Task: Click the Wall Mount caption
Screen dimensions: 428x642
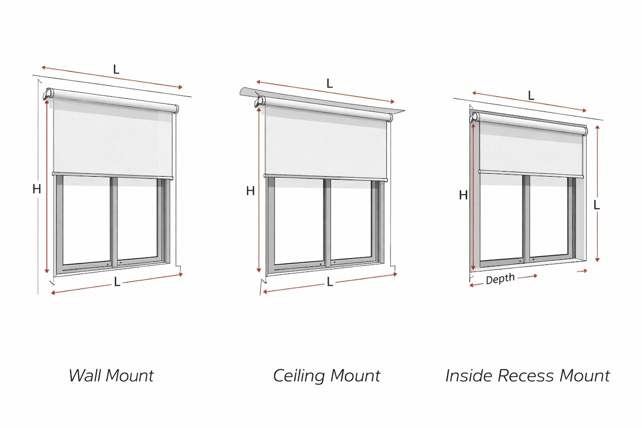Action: pos(111,375)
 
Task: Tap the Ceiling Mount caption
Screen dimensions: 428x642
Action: pos(327,375)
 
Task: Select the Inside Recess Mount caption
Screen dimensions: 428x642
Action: pos(528,375)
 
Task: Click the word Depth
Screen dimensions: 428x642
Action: pos(500,279)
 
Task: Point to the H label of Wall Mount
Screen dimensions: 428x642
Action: pos(37,189)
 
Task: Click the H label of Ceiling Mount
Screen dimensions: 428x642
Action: pos(250,191)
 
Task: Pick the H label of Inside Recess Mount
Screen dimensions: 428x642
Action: pos(463,195)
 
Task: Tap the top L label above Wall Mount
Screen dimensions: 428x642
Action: pos(116,70)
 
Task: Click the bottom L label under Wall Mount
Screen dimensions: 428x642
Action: pos(117,282)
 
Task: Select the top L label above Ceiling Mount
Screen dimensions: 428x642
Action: pos(330,84)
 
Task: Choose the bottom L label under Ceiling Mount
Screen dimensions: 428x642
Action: pos(330,282)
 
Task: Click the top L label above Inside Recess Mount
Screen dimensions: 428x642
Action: pos(531,96)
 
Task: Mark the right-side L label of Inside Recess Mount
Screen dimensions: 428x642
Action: pos(597,205)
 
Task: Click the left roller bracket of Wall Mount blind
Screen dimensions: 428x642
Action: pos(49,94)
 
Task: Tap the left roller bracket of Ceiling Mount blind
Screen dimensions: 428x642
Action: pos(260,101)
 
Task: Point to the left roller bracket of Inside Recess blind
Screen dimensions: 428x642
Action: pos(474,118)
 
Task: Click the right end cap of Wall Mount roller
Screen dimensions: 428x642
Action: pos(176,108)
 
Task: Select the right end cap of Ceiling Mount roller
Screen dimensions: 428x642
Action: pos(390,117)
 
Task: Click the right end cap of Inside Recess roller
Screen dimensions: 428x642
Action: pos(584,131)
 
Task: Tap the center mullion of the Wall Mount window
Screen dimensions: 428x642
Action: pos(114,221)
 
